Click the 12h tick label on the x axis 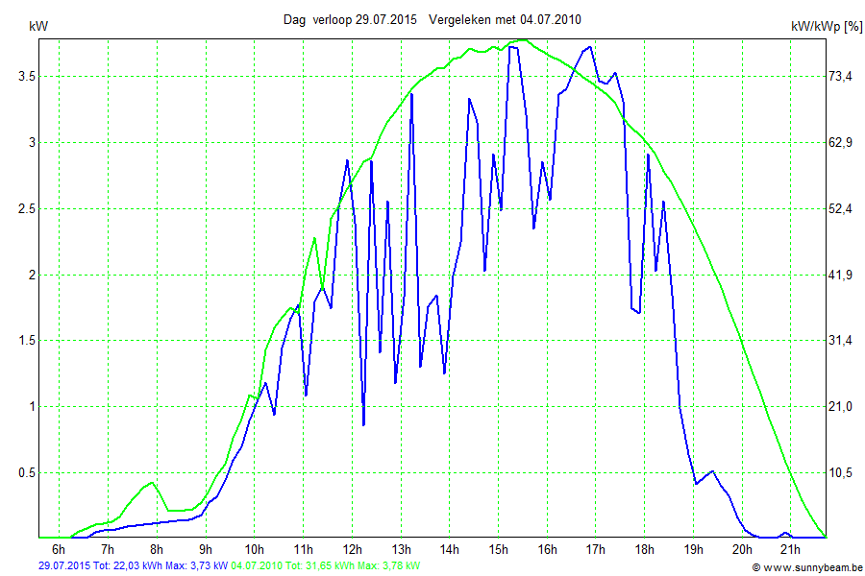352,550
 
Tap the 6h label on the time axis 59,550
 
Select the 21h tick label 790,550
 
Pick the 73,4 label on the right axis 842,76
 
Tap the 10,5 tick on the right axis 842,472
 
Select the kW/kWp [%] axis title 827,27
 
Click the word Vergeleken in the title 461,19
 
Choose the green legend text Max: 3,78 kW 388,566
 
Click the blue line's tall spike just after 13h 411,94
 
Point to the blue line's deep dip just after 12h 363,424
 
